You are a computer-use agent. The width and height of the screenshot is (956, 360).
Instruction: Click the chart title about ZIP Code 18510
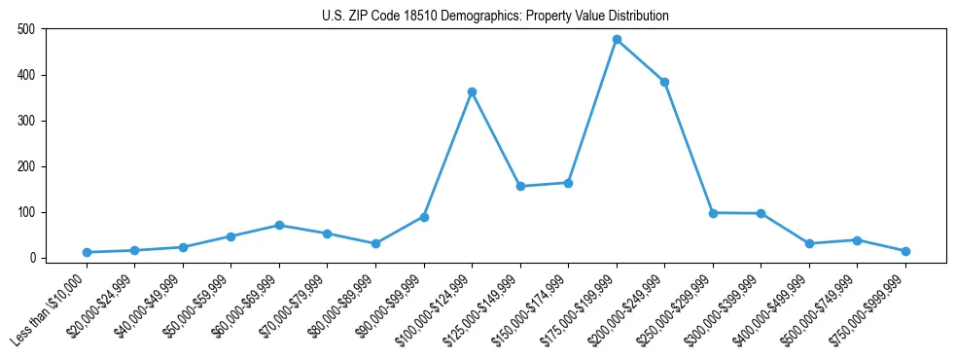495,17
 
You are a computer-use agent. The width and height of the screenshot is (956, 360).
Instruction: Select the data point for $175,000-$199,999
617,40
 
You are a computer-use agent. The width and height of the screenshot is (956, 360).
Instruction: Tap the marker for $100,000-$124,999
472,92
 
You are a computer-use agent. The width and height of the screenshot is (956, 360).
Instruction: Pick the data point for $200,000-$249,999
664,82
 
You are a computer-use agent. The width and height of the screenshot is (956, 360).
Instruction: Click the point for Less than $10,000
87,252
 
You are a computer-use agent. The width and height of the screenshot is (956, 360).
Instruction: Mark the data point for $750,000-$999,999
905,251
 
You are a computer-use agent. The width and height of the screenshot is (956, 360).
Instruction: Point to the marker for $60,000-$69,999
279,225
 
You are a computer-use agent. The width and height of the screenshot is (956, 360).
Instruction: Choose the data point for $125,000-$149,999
520,186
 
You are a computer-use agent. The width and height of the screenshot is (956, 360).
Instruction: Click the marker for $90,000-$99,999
424,217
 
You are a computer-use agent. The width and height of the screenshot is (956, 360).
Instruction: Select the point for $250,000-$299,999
713,213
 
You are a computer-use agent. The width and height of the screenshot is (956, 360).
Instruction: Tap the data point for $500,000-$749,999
857,240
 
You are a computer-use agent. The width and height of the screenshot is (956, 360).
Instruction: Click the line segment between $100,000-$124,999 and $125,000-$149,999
496,139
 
